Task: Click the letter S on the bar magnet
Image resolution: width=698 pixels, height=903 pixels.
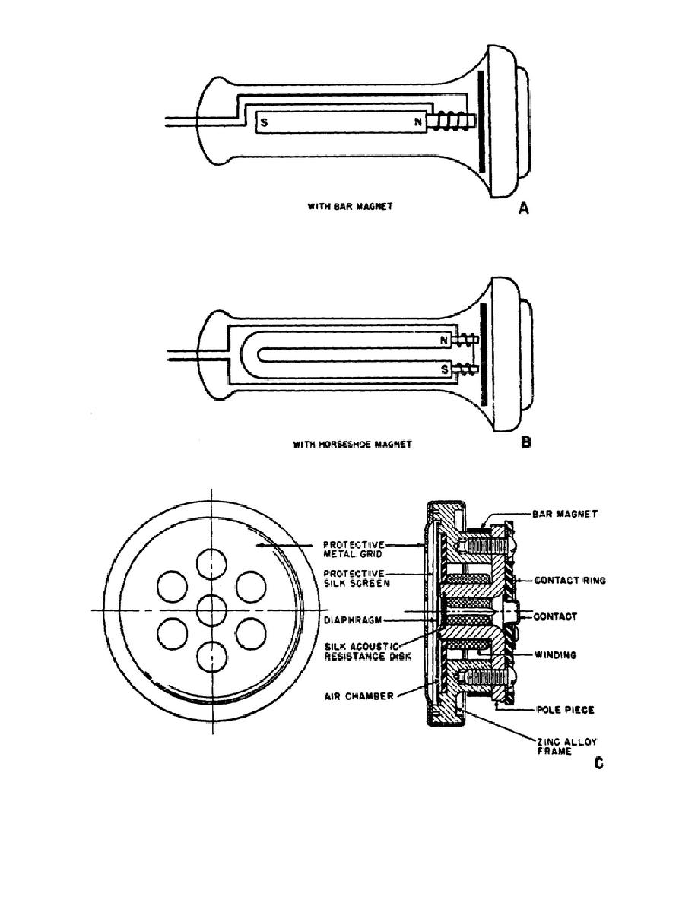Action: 265,122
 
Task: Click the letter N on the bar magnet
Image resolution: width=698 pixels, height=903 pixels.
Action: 417,122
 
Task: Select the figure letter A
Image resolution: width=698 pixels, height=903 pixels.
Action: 523,208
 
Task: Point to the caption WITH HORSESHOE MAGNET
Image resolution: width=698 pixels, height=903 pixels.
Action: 353,444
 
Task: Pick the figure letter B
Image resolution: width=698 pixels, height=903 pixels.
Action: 525,442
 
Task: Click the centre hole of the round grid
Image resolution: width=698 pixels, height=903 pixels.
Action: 212,610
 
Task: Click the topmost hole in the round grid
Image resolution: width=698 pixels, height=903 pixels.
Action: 212,563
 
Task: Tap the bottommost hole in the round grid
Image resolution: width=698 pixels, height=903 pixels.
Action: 212,655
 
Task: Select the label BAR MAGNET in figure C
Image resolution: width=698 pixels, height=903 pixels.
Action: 566,515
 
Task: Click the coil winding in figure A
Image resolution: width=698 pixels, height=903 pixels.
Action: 451,122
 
